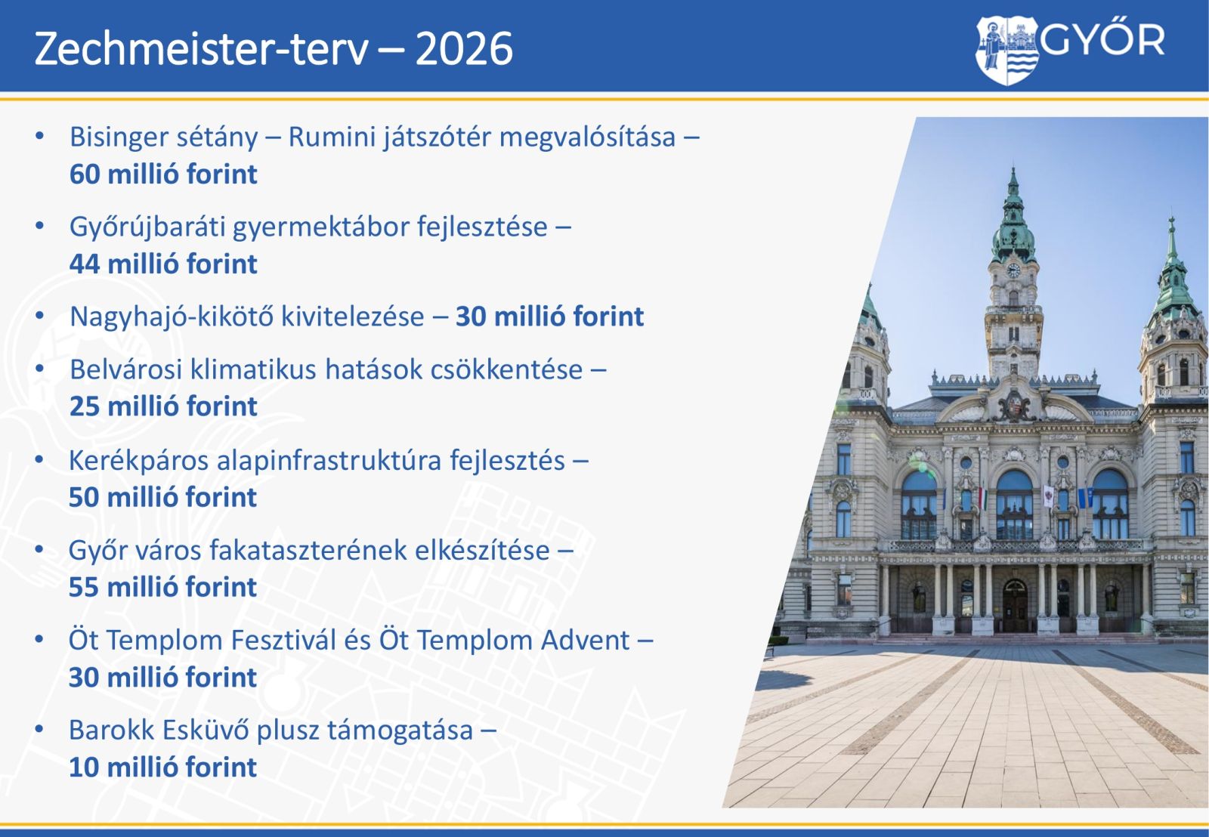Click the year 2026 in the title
(464, 49)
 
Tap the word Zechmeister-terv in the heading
(201, 49)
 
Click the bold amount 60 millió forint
(163, 175)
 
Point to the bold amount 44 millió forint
(163, 264)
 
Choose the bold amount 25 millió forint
(163, 406)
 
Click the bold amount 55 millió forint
(163, 587)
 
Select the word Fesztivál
(301, 641)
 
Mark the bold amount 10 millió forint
(163, 768)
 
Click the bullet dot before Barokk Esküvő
(39, 730)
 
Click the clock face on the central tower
(1013, 270)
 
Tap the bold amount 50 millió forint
(163, 498)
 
